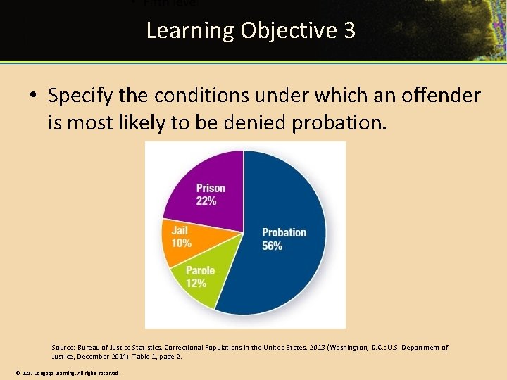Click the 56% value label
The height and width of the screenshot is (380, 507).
(273, 246)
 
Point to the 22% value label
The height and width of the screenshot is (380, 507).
(206, 201)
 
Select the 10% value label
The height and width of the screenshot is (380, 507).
(181, 243)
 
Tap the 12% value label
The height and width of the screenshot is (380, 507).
(196, 283)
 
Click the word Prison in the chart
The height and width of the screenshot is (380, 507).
(211, 188)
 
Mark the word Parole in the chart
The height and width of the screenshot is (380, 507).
(201, 271)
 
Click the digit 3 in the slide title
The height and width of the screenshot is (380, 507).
(349, 31)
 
